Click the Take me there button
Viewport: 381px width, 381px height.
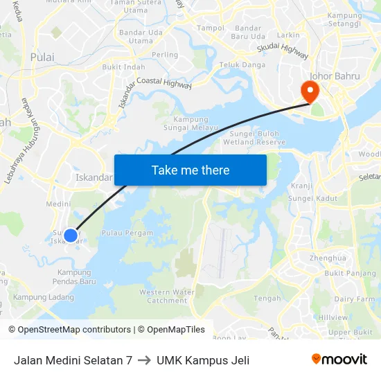click(x=190, y=170)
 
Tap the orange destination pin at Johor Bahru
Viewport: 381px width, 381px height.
click(x=308, y=90)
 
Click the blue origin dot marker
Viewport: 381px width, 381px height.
click(x=71, y=236)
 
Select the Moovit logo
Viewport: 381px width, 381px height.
click(x=339, y=359)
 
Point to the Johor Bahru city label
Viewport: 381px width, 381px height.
click(x=335, y=76)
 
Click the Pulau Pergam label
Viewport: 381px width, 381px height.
click(x=127, y=233)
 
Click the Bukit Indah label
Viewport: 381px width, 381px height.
click(x=123, y=67)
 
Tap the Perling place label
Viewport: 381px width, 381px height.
click(x=165, y=55)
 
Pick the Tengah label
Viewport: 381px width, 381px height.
click(x=267, y=299)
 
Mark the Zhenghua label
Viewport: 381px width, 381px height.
click(x=328, y=258)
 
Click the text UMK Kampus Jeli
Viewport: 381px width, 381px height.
click(x=203, y=360)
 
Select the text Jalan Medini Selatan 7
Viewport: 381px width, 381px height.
click(x=73, y=360)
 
